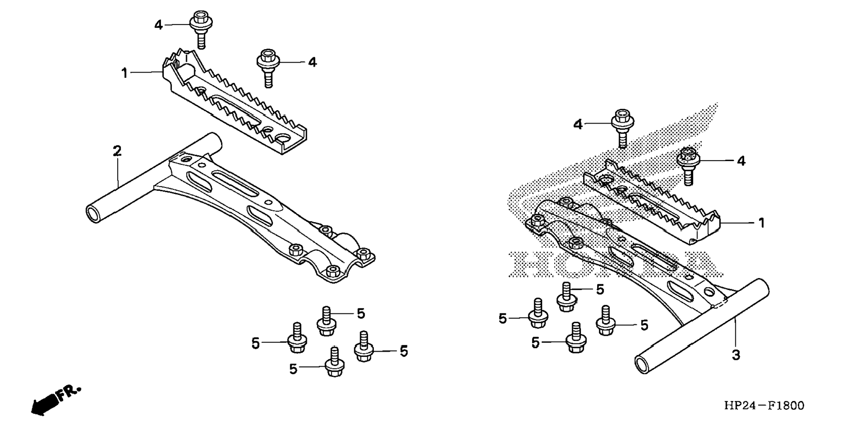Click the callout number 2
click(117, 151)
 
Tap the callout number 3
click(736, 355)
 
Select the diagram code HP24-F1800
click(764, 406)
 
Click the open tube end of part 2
click(94, 214)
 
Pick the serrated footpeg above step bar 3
click(653, 202)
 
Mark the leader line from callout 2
click(118, 172)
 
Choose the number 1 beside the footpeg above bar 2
click(125, 73)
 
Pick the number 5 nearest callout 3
click(644, 325)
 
